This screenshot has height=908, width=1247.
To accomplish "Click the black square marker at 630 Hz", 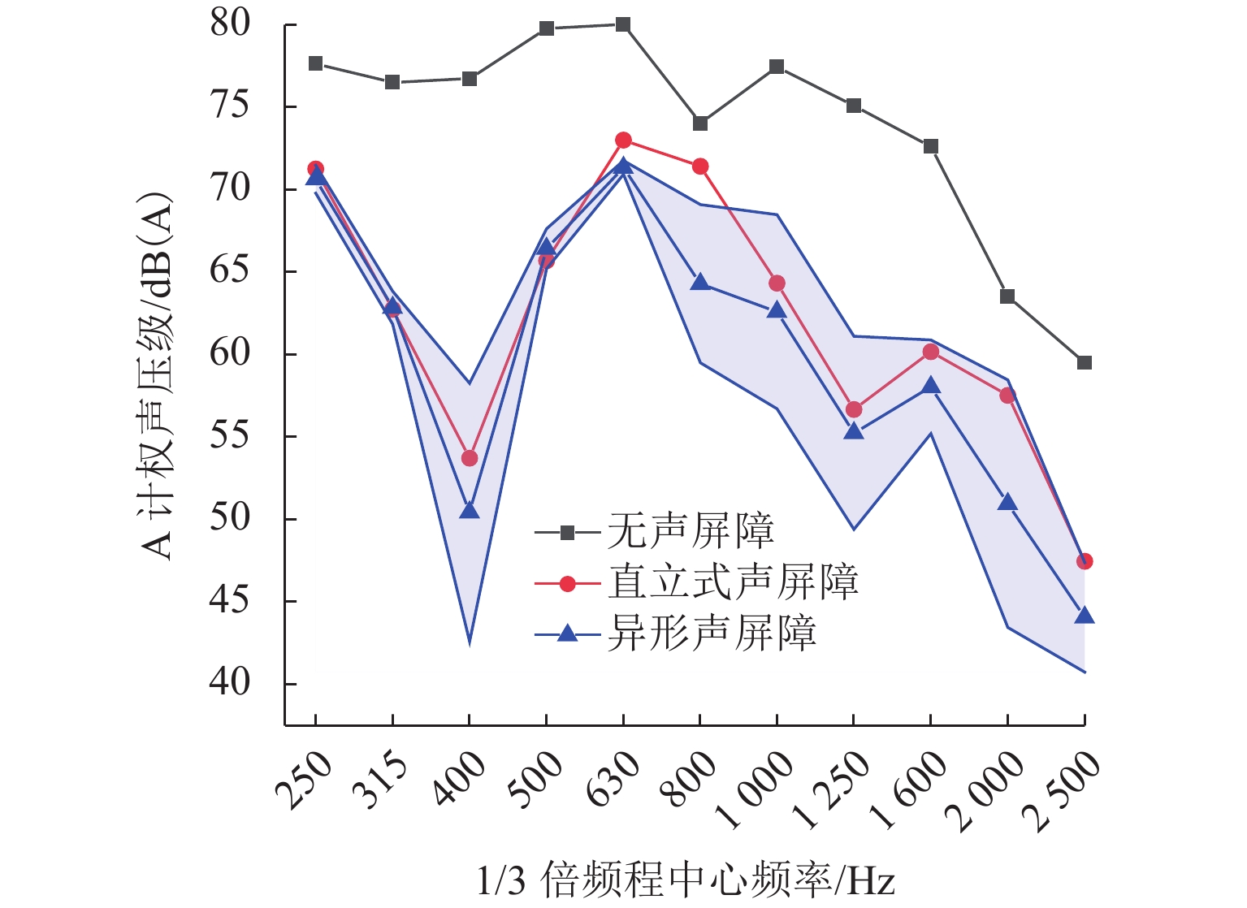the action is pyautogui.click(x=623, y=24).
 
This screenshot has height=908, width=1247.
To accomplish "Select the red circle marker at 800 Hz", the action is pyautogui.click(x=700, y=166).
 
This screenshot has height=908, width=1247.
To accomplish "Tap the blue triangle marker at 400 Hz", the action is pyautogui.click(x=470, y=510).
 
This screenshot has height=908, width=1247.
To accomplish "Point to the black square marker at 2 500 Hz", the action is pyautogui.click(x=1085, y=363).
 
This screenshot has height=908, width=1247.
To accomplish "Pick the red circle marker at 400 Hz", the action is pyautogui.click(x=470, y=458).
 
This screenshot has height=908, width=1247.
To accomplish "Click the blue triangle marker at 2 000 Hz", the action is pyautogui.click(x=1007, y=502).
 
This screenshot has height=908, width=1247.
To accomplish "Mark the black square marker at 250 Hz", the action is pyautogui.click(x=316, y=63).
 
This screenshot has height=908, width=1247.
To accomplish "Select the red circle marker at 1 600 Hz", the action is pyautogui.click(x=931, y=352).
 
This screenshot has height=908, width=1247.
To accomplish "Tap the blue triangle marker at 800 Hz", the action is pyautogui.click(x=700, y=283).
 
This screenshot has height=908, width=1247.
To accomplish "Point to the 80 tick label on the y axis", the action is pyautogui.click(x=229, y=24).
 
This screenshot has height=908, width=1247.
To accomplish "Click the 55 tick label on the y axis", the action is pyautogui.click(x=229, y=435).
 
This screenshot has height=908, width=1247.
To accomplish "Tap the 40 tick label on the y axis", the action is pyautogui.click(x=229, y=682).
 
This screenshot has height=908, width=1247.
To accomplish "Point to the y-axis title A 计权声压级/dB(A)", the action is pyautogui.click(x=156, y=375).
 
